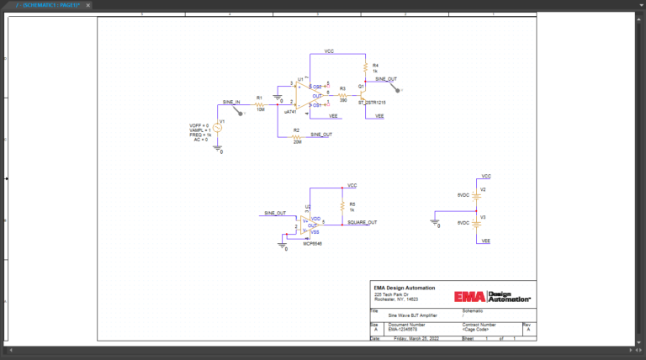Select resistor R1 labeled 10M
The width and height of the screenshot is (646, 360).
coord(260,105)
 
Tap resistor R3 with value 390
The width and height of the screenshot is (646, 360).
coord(343,95)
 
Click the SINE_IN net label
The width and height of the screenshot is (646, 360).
coord(231,102)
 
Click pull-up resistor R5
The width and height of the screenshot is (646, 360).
coord(342,206)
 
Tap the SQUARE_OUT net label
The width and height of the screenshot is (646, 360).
coord(363,222)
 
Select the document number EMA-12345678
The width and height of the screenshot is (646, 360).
coord(405,328)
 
